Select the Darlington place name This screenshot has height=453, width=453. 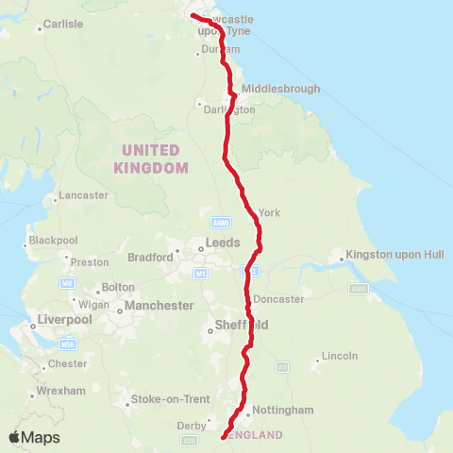tap(229, 109)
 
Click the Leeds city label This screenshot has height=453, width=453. tap(224, 243)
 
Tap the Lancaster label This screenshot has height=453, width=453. tap(84, 195)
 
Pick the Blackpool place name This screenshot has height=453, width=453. tap(53, 240)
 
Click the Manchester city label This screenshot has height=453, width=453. tap(161, 306)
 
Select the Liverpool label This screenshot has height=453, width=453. tap(64, 319)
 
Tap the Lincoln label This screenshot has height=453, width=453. tap(340, 356)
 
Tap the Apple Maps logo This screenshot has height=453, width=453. tap(34, 437)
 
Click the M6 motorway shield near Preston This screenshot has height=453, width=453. tap(66, 282)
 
